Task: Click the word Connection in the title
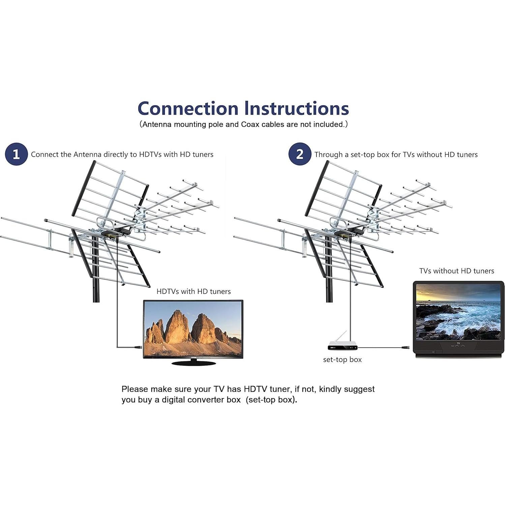tap(188, 109)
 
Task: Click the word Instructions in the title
tap(297, 109)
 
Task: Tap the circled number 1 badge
tap(16, 154)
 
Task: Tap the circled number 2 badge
tap(300, 154)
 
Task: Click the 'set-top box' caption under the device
tap(342, 360)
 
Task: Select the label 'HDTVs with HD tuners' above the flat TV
tap(194, 292)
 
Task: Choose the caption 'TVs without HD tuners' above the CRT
tap(456, 271)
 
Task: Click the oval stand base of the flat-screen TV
tap(193, 363)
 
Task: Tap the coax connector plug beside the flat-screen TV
tap(138, 347)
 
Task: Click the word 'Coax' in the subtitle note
tap(250, 124)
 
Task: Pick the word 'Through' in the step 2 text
tap(329, 154)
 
